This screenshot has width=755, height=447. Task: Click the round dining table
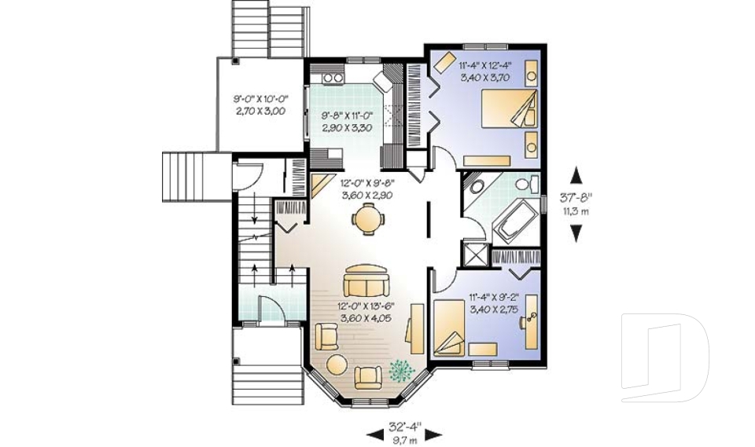(368, 219)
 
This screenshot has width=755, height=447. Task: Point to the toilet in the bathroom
(526, 183)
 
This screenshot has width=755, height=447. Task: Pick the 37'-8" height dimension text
(576, 197)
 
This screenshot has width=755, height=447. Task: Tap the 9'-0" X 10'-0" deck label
(260, 99)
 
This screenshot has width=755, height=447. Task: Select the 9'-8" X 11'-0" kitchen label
(348, 115)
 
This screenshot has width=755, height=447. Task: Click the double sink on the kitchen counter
(333, 77)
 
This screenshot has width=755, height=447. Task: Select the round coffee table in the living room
(336, 363)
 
